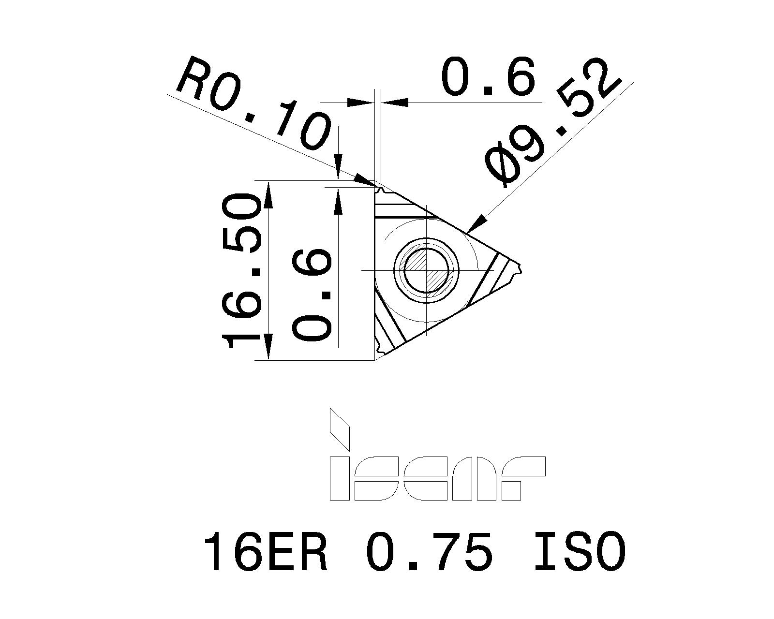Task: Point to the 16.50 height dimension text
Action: tap(242, 271)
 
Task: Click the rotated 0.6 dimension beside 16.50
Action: tap(312, 295)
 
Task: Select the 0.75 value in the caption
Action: tap(431, 551)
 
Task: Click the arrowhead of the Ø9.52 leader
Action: tap(476, 225)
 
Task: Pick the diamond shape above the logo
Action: tap(339, 428)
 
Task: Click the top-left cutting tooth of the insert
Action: tap(382, 192)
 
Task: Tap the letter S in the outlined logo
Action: tap(372, 479)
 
